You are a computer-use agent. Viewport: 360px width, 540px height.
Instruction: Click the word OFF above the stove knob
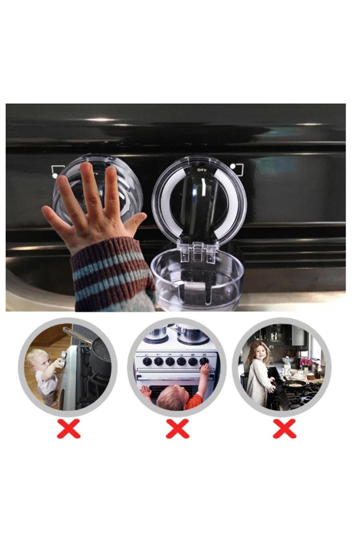200,170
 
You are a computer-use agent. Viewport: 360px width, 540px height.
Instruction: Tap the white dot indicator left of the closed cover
55,175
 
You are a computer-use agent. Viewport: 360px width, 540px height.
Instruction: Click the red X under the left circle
69,429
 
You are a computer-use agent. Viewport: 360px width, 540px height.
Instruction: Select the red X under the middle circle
178,429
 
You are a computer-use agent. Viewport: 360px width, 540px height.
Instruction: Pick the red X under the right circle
285,429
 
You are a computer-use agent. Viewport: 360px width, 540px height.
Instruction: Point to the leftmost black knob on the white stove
147,361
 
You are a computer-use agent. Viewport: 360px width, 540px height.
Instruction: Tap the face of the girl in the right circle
260,352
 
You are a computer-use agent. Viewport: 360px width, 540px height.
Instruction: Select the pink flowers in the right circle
306,361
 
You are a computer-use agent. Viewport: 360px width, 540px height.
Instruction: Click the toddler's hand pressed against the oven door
146,391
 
